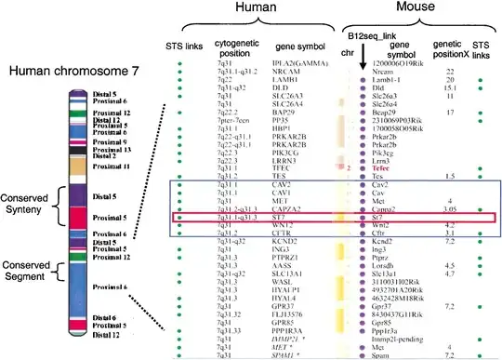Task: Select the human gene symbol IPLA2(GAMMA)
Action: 297,63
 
